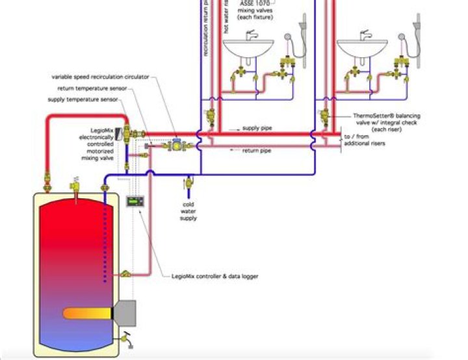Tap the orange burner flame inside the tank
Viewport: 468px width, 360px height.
[88, 314]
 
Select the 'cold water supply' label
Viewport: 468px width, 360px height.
[188, 211]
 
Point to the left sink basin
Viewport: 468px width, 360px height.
[248, 47]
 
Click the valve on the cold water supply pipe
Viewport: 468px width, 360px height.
[189, 182]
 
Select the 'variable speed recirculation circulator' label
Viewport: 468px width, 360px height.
[101, 77]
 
